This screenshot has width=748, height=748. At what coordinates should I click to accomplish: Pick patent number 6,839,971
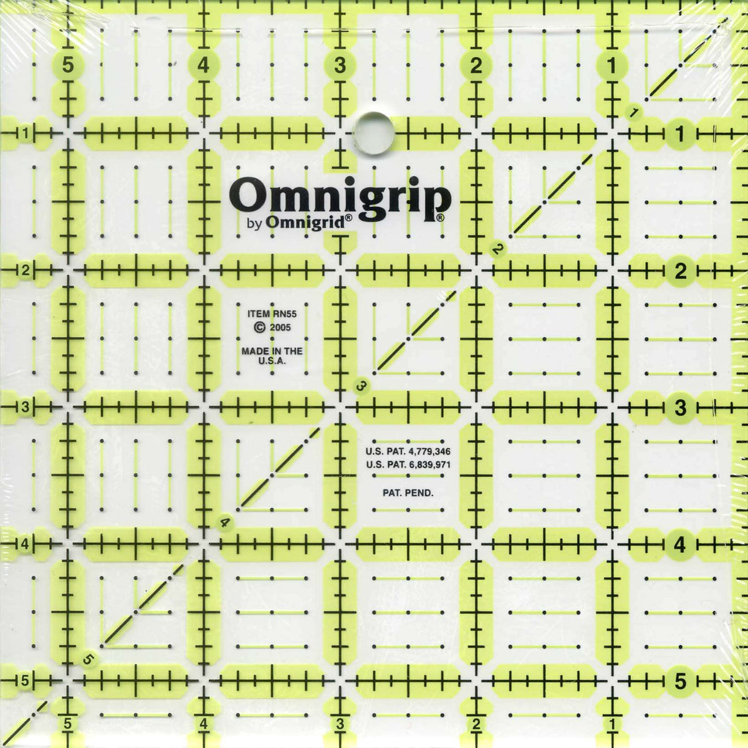point(428,464)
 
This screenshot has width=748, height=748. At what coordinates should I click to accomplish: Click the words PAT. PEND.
point(408,492)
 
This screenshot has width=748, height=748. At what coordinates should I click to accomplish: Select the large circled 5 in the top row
point(68,65)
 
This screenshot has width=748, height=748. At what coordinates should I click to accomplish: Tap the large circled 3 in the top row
point(340,65)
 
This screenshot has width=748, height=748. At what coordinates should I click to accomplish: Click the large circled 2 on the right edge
point(679,271)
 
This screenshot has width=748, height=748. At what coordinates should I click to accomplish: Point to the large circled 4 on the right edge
point(679,544)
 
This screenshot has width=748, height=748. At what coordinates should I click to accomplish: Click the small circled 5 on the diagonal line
point(88,659)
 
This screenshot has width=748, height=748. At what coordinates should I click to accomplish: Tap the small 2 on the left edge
point(26,271)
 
